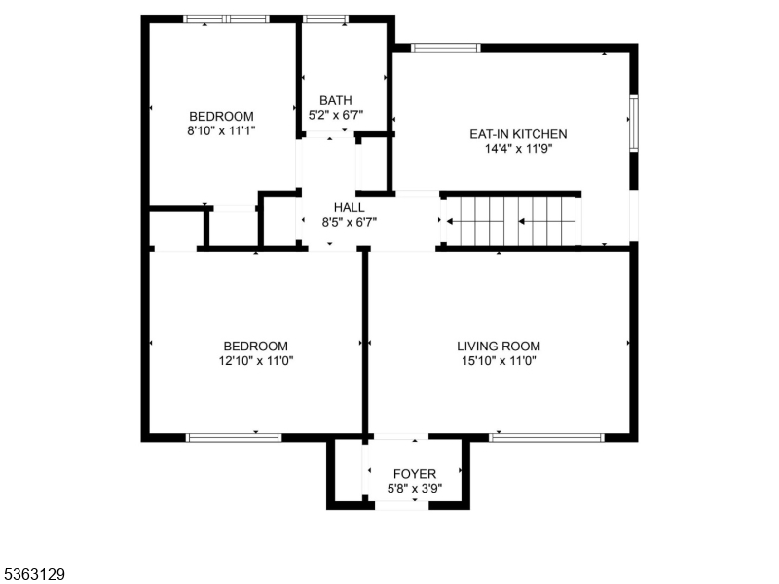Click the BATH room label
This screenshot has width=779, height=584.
pyautogui.click(x=336, y=100)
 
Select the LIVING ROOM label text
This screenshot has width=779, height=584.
pyautogui.click(x=499, y=346)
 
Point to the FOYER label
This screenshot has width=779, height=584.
pyautogui.click(x=415, y=474)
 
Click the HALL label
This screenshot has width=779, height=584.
pyautogui.click(x=350, y=207)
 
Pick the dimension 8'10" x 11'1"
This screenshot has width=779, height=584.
pyautogui.click(x=222, y=130)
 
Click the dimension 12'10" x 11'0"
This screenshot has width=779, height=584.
pyautogui.click(x=256, y=360)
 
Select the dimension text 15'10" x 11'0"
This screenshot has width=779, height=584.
pyautogui.click(x=499, y=360)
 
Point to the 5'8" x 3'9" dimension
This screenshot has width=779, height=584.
pyautogui.click(x=415, y=489)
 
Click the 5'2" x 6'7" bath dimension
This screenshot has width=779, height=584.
pyautogui.click(x=336, y=115)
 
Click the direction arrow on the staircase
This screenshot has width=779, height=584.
pyautogui.click(x=536, y=221)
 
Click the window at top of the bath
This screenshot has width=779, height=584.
pyautogui.click(x=325, y=18)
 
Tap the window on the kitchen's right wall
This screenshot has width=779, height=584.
pyautogui.click(x=633, y=123)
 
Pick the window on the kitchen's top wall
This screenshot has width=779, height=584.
pyautogui.click(x=445, y=47)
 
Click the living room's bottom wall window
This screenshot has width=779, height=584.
pyautogui.click(x=546, y=437)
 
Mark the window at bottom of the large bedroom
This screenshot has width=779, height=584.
pyautogui.click(x=233, y=437)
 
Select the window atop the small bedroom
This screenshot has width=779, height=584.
pyautogui.click(x=226, y=18)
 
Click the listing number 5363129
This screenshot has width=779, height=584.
pyautogui.click(x=34, y=575)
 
